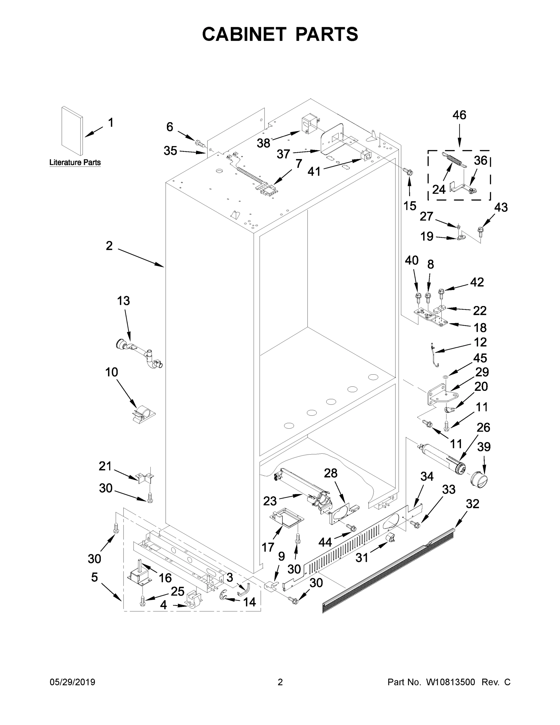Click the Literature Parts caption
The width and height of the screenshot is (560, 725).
click(75, 162)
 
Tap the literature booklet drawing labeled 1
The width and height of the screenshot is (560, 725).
click(72, 131)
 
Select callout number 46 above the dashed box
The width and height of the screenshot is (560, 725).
click(459, 115)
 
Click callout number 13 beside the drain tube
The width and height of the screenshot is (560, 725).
click(123, 301)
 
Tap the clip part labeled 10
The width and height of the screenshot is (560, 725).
click(143, 414)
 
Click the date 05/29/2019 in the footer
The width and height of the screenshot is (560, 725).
click(72, 682)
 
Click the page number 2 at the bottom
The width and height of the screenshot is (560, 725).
click(280, 682)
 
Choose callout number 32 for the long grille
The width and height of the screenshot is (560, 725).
click(472, 504)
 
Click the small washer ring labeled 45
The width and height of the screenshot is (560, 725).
click(445, 376)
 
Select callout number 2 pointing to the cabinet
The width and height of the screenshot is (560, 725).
click(109, 246)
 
